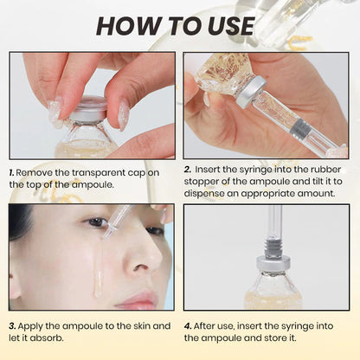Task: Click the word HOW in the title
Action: click(128, 25)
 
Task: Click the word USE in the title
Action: click(227, 25)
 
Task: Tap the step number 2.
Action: click(188, 170)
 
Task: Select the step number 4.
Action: click(188, 325)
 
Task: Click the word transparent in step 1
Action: click(106, 172)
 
